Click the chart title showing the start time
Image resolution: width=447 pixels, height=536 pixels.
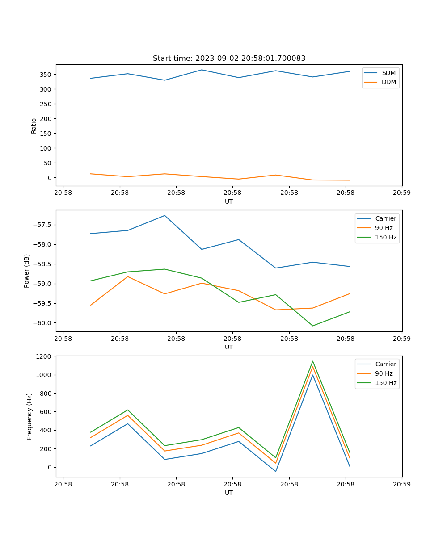(229, 59)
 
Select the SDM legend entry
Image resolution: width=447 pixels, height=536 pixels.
(388, 73)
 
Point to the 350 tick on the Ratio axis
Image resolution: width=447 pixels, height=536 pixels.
(46, 75)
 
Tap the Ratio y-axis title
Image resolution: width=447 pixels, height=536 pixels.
(34, 126)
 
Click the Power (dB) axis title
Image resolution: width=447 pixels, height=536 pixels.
(27, 271)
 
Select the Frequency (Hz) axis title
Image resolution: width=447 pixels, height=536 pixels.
(30, 416)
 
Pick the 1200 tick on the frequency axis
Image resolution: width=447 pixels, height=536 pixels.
(44, 356)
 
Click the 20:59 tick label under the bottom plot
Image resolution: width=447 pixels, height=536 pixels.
(402, 484)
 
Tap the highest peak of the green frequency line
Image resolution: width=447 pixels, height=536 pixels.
(312, 361)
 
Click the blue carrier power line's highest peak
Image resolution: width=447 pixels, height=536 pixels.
(164, 216)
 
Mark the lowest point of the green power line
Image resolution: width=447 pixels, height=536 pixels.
(312, 326)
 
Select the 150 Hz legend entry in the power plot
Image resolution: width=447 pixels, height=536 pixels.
(385, 237)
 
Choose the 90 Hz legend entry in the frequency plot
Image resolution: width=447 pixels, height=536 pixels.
(384, 373)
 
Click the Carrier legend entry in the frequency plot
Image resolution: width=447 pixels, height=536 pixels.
(385, 364)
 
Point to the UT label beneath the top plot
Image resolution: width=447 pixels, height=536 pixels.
(229, 201)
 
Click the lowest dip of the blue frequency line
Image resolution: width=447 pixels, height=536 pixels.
(275, 471)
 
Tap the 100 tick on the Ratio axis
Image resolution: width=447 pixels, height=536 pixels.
(46, 148)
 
